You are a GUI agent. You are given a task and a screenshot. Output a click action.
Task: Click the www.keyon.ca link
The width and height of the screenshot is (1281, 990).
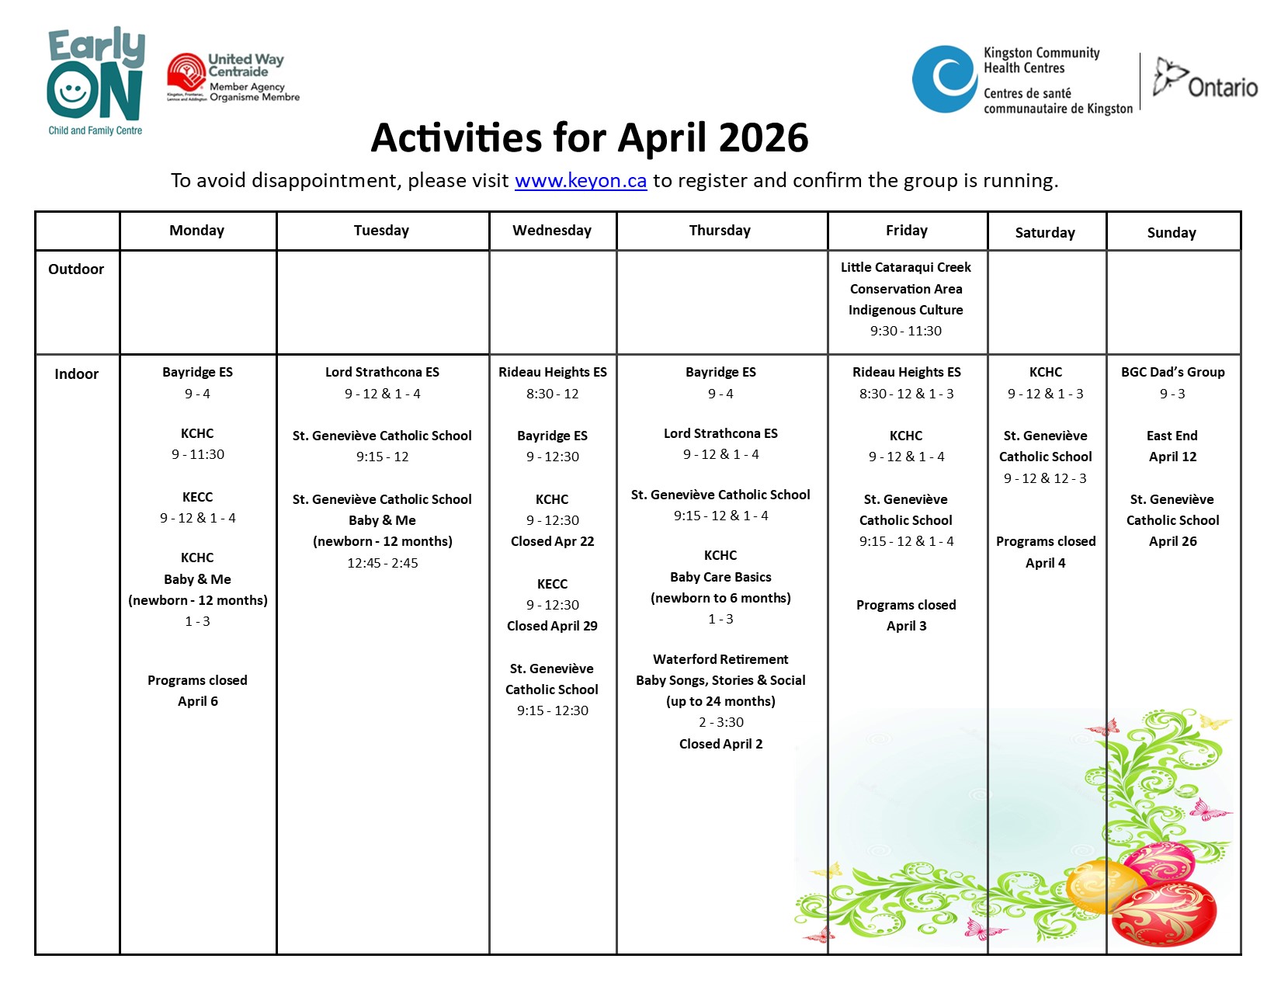[580, 181]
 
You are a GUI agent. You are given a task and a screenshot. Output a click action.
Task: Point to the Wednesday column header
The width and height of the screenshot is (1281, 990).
[552, 231]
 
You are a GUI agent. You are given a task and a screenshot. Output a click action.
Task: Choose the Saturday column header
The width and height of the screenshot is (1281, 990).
[1045, 233]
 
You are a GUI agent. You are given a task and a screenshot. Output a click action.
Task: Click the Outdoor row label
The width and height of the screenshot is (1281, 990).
[76, 269]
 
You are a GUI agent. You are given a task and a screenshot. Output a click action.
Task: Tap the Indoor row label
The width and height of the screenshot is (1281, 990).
[76, 374]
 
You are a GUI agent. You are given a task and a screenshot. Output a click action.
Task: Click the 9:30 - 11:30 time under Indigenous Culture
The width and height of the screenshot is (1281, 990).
[905, 331]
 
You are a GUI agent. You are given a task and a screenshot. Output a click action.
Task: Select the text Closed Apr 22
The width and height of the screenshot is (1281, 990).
[552, 541]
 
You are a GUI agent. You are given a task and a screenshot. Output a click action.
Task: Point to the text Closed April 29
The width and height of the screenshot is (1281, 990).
[552, 626]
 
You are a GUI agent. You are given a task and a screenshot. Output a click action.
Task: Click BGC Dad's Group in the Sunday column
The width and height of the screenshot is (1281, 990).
[1172, 372]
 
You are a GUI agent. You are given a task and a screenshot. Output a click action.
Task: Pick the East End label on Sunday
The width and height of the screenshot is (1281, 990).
[1172, 436]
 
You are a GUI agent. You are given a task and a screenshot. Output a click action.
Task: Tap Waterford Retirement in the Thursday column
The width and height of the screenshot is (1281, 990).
[720, 659]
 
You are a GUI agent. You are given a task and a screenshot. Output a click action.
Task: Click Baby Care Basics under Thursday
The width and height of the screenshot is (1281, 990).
[720, 577]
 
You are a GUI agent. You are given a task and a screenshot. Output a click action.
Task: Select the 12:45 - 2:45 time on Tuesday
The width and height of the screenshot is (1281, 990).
[382, 563]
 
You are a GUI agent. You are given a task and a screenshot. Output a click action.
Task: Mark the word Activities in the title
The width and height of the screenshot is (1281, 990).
[456, 138]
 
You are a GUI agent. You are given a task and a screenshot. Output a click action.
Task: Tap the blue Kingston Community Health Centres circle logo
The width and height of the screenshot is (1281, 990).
[944, 79]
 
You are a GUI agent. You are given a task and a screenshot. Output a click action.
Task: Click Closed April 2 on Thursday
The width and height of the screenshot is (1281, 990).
[720, 744]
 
